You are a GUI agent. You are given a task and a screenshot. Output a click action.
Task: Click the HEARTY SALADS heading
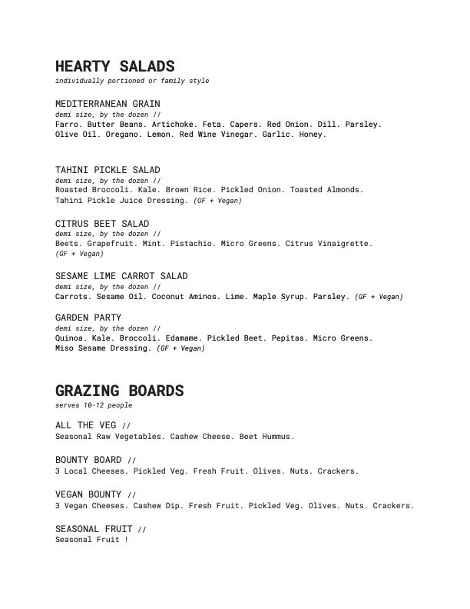115,67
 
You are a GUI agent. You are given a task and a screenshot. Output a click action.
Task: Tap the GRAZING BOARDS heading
119,391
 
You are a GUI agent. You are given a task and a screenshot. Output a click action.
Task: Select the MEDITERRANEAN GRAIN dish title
108,103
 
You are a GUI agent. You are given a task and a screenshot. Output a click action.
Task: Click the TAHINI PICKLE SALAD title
108,170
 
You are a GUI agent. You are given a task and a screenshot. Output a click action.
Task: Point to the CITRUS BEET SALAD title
102,224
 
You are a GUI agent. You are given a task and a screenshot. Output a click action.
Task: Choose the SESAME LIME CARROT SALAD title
121,275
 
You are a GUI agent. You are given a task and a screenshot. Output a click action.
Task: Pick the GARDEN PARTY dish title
88,318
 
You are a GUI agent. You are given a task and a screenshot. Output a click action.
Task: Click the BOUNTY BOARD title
88,460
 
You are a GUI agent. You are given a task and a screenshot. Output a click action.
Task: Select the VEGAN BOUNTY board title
88,494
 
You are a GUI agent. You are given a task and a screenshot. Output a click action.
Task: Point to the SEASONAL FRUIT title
94,529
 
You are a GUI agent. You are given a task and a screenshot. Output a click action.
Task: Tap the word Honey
313,134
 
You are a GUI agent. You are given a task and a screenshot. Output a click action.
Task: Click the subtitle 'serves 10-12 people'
94,404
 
